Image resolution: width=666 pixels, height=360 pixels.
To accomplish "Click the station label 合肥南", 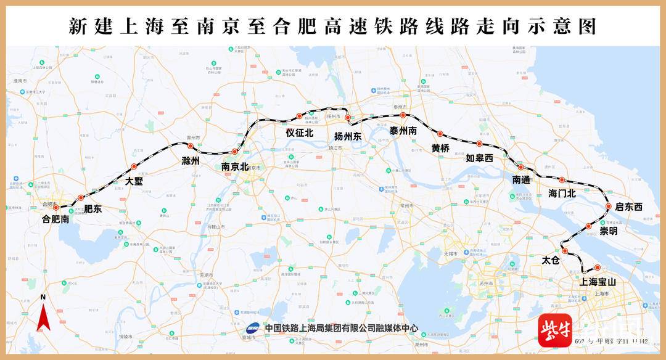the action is (x=55, y=219).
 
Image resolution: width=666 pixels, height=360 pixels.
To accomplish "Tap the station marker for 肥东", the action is (x=81, y=198).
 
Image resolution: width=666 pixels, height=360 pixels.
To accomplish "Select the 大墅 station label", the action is (x=134, y=181).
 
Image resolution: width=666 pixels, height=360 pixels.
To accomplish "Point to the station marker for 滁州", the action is (x=191, y=146).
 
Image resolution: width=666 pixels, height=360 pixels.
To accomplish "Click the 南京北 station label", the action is (x=234, y=166).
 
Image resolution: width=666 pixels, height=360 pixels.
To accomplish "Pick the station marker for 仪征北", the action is (x=299, y=116).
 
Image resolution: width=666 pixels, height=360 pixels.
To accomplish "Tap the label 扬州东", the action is (x=348, y=136).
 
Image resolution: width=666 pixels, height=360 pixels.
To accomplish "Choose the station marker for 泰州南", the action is (x=403, y=115).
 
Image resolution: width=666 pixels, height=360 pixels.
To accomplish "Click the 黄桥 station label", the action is (x=440, y=148).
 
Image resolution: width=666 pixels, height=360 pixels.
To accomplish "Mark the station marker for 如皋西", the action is (x=479, y=144).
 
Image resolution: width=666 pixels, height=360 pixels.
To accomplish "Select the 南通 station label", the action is (x=521, y=179).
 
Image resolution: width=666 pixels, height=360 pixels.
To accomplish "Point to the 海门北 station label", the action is (x=562, y=194).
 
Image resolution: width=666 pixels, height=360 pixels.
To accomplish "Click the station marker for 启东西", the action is (x=609, y=207).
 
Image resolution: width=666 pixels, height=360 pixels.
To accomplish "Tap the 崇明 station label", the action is (x=608, y=231).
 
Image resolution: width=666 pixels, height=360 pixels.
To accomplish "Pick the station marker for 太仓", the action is (x=564, y=251).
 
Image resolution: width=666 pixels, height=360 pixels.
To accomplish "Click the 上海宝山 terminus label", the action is (x=598, y=282).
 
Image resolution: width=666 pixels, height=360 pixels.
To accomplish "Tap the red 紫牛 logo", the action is (x=554, y=331).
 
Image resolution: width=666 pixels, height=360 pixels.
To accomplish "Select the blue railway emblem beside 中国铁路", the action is (x=253, y=328).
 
